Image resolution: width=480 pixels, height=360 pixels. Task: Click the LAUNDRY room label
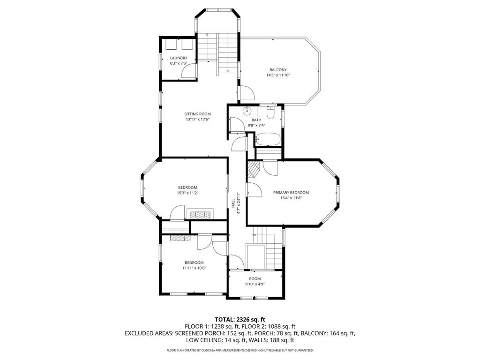pyautogui.click(x=178, y=58)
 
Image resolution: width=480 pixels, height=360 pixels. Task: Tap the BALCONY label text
pyautogui.click(x=278, y=70)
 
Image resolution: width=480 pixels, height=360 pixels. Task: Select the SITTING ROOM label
pyautogui.click(x=197, y=114)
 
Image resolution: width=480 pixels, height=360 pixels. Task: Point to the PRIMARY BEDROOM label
pyautogui.click(x=291, y=192)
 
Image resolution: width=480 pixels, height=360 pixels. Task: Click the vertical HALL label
pyautogui.click(x=233, y=203)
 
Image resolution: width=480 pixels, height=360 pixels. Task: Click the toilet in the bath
pyautogui.click(x=270, y=113)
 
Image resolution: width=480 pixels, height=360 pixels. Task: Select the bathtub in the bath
pyautogui.click(x=268, y=139)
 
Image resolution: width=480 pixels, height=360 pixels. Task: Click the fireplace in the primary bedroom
pyautogui.click(x=253, y=169)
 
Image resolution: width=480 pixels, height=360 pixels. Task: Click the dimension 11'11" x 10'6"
pyautogui.click(x=194, y=268)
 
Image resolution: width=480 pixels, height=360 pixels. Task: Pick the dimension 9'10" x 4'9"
pyautogui.click(x=255, y=284)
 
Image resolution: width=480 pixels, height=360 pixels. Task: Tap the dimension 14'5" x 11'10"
pyautogui.click(x=278, y=75)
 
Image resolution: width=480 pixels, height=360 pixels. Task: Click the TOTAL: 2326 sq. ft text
pyautogui.click(x=240, y=319)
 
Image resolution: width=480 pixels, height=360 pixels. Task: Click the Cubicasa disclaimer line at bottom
pyautogui.click(x=240, y=350)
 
